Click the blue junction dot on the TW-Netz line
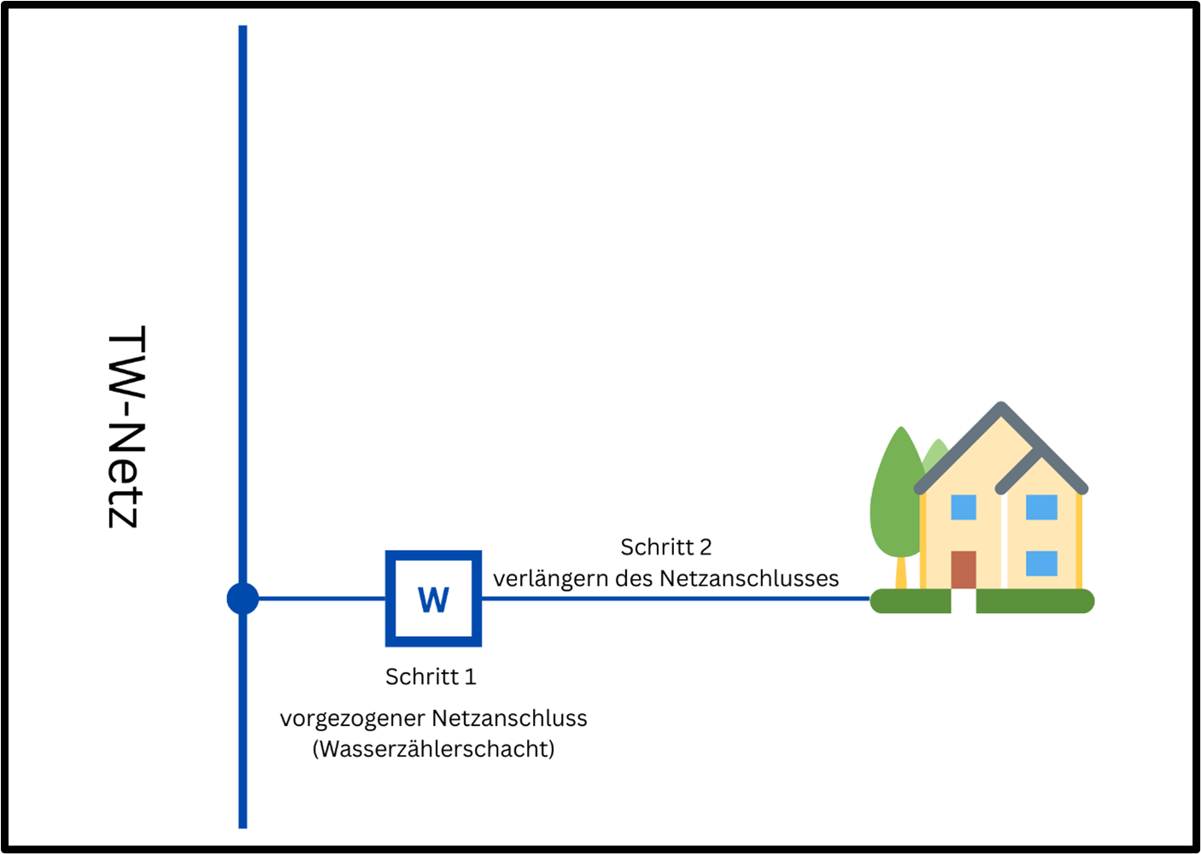[243, 599]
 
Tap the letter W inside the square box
[433, 600]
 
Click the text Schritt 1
[431, 676]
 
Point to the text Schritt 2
[665, 547]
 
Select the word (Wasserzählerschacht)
[433, 749]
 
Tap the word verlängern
[550, 578]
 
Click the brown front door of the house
[963, 570]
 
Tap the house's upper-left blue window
[963, 507]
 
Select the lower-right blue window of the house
[1041, 564]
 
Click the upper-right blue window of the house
[1041, 507]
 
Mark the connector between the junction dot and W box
[321, 599]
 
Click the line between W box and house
[675, 599]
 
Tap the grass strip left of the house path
[910, 601]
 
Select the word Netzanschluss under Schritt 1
[509, 718]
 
